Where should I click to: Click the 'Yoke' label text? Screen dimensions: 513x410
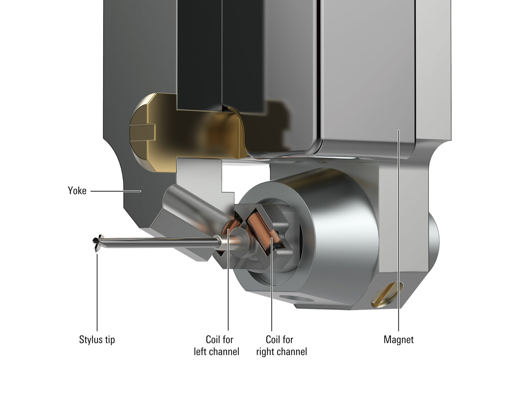[77, 191]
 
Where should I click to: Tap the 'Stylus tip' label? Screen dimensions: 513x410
[97, 340]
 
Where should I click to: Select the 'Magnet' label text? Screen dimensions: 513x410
[399, 339]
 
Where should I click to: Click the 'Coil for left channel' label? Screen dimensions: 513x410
[217, 345]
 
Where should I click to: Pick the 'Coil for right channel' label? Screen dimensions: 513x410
[282, 346]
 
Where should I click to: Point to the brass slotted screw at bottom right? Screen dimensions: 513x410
[387, 295]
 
